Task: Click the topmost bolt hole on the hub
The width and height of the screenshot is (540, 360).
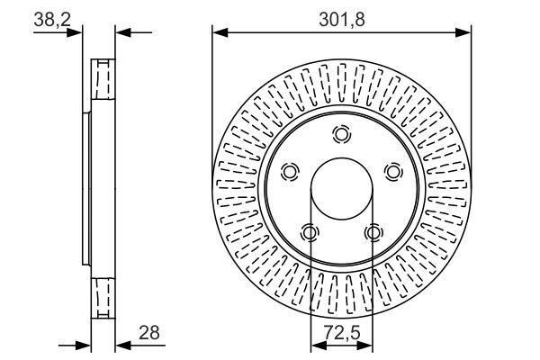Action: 341,135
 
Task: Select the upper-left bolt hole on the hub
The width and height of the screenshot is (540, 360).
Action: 290,171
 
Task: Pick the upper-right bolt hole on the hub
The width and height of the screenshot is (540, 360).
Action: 392,171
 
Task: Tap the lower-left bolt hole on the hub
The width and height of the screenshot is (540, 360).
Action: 310,232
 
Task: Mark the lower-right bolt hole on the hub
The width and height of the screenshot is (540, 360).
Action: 373,232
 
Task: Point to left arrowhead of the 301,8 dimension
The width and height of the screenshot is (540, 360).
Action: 218,32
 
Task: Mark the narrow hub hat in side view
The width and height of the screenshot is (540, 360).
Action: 87,189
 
